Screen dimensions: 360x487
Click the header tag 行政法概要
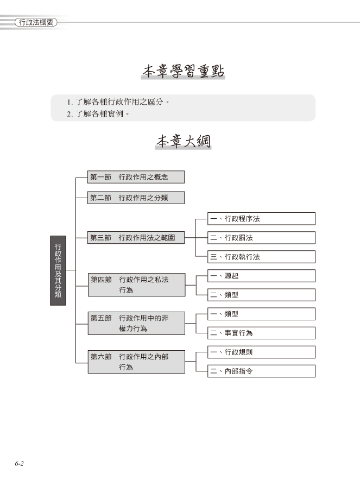(36, 22)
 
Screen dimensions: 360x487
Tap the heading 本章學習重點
(184, 71)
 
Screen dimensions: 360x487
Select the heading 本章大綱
(184, 141)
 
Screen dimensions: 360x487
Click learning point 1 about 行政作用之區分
(118, 102)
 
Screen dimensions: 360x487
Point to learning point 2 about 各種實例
(98, 114)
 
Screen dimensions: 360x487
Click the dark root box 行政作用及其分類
(58, 270)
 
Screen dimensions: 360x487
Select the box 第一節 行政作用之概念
(136, 177)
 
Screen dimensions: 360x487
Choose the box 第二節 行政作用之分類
(136, 198)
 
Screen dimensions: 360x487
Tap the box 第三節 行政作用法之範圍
(136, 238)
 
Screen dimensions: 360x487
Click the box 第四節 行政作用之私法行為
(137, 285)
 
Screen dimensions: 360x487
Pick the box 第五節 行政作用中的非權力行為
(136, 324)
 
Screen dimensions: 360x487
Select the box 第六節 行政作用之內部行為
(136, 362)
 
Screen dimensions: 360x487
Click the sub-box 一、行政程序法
(262, 219)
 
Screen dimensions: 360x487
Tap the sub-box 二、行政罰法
(262, 238)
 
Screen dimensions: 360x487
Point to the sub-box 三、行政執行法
(262, 257)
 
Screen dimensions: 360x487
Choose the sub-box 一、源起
(262, 276)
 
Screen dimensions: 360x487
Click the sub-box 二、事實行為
(262, 333)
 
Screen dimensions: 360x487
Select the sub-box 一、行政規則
(262, 352)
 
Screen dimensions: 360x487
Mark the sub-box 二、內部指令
(262, 371)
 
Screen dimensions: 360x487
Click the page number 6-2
(19, 464)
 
